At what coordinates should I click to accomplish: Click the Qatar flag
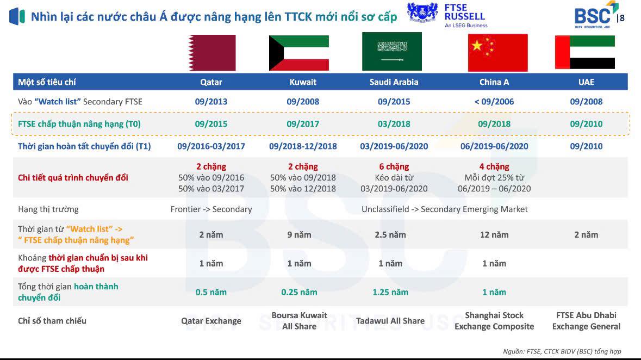click(x=211, y=53)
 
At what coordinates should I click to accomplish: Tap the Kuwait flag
click(x=299, y=53)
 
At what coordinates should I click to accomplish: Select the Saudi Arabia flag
click(x=391, y=52)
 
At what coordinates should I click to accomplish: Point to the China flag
click(x=497, y=53)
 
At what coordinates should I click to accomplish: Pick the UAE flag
click(x=584, y=52)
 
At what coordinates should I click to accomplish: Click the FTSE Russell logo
click(x=447, y=16)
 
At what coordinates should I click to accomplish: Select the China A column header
click(x=494, y=82)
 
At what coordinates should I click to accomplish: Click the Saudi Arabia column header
click(x=394, y=82)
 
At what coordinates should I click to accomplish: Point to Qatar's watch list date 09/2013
click(x=211, y=102)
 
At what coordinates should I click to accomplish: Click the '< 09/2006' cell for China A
click(x=494, y=102)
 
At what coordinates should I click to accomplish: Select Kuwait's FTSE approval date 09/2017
click(x=302, y=124)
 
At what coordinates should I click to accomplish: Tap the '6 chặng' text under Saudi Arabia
click(x=394, y=166)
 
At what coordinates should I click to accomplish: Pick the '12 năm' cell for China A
click(x=494, y=235)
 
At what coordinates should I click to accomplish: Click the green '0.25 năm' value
click(x=299, y=292)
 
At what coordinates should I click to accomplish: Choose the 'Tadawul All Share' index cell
click(x=390, y=321)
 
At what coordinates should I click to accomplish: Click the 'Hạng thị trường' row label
click(x=48, y=209)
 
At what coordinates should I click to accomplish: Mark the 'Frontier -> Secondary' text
click(x=211, y=209)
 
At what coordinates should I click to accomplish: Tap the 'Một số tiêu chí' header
click(x=47, y=82)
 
